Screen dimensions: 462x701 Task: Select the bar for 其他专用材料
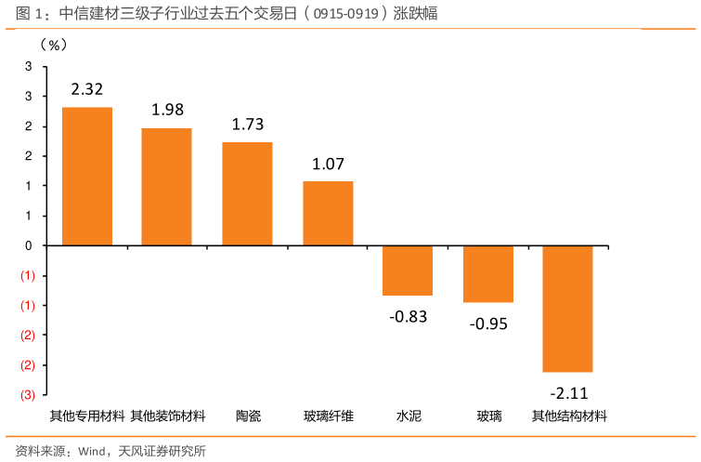tap(87, 176)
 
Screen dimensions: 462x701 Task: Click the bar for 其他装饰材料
tap(166, 187)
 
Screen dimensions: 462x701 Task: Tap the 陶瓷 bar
tap(247, 193)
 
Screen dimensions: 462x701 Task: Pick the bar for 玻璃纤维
tap(328, 213)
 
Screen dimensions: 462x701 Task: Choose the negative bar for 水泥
tap(408, 271)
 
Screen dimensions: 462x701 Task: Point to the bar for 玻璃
tap(488, 274)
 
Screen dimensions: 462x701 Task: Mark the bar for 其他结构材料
tap(567, 309)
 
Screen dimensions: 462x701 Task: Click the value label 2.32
tap(86, 90)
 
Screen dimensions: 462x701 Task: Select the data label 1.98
tap(167, 110)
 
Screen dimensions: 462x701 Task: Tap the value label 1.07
tap(328, 165)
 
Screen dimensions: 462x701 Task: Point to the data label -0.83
tap(408, 316)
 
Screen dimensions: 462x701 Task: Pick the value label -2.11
tap(568, 391)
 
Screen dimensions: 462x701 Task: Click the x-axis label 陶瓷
tap(248, 416)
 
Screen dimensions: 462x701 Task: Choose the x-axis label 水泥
tap(409, 416)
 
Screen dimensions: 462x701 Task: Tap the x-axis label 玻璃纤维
tap(328, 416)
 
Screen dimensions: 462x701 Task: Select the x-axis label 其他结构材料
tap(568, 416)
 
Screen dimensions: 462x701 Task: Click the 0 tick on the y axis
tap(29, 245)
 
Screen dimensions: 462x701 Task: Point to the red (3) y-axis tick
tap(28, 395)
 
